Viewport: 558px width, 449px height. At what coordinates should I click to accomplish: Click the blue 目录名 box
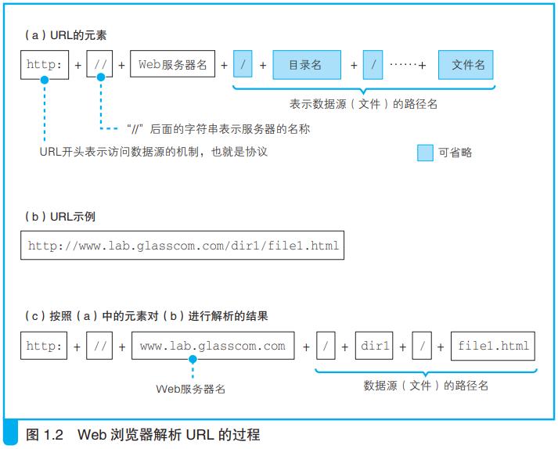[307, 65]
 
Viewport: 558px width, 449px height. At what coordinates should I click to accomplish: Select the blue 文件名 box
[466, 65]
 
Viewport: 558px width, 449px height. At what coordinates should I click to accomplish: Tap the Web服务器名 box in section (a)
[173, 63]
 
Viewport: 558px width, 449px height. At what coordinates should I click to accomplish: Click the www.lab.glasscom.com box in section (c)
[213, 346]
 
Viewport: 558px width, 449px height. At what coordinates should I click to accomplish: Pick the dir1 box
[374, 346]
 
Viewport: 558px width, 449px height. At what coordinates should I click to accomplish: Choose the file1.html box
[493, 347]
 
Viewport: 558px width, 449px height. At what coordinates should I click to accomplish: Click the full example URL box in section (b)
[182, 246]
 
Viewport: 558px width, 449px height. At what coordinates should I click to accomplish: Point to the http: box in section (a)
[45, 65]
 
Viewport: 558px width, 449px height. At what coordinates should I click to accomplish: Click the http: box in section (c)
[44, 346]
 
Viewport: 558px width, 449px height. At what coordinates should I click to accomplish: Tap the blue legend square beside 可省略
[425, 153]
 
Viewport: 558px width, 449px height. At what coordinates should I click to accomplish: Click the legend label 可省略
[455, 153]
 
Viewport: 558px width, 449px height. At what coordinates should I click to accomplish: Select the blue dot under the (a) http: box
[45, 80]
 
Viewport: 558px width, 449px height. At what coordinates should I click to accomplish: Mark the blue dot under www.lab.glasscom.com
[193, 359]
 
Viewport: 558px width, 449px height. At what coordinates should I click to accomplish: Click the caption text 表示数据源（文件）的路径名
[363, 104]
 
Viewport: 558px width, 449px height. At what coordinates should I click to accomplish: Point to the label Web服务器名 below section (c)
[191, 389]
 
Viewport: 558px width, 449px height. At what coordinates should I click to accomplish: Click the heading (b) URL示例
[60, 217]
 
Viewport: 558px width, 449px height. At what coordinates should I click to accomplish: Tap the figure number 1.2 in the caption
[53, 435]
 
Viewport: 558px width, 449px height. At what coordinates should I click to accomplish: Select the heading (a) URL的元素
[66, 35]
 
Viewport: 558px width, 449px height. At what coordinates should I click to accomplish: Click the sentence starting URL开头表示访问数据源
[153, 152]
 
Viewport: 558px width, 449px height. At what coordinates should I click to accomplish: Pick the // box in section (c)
[99, 346]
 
